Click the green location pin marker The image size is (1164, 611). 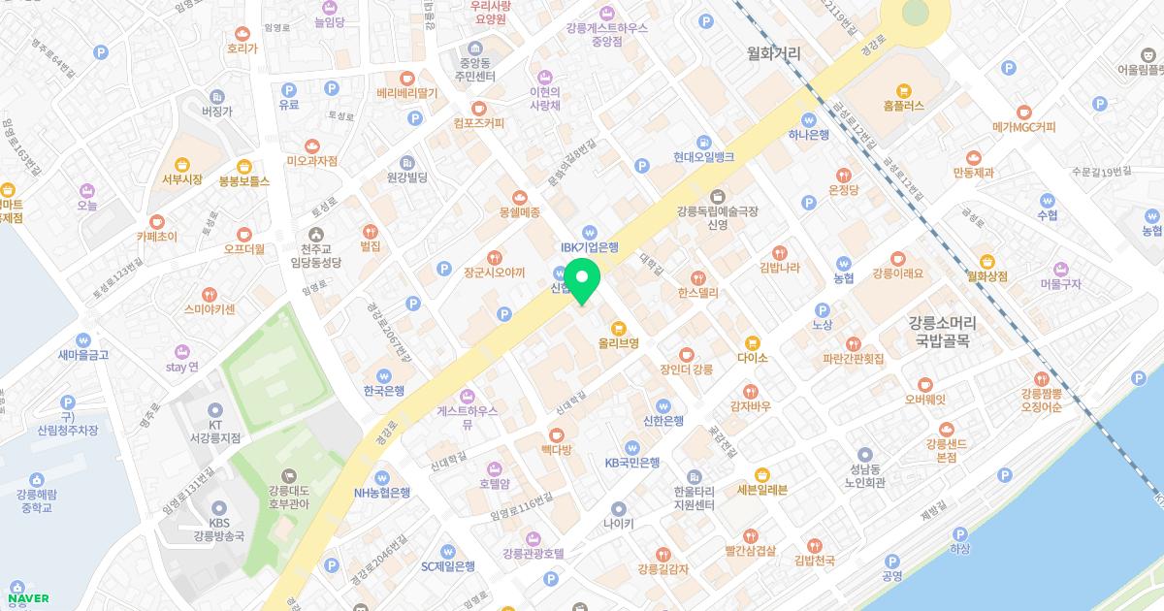(582, 281)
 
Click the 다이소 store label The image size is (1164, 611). (752, 358)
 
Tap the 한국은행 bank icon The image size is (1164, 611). (385, 374)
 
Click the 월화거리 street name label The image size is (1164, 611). (774, 54)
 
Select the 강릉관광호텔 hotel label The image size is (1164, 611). (533, 553)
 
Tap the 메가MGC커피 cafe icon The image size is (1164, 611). (1023, 112)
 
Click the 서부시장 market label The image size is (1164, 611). (181, 179)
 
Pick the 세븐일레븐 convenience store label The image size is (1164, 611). (761, 490)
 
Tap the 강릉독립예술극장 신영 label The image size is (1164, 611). (717, 217)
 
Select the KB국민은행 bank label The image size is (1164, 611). (631, 463)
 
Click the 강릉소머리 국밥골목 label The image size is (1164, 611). (943, 331)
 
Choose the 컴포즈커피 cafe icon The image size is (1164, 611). (478, 108)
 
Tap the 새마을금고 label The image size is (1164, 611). (83, 355)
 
